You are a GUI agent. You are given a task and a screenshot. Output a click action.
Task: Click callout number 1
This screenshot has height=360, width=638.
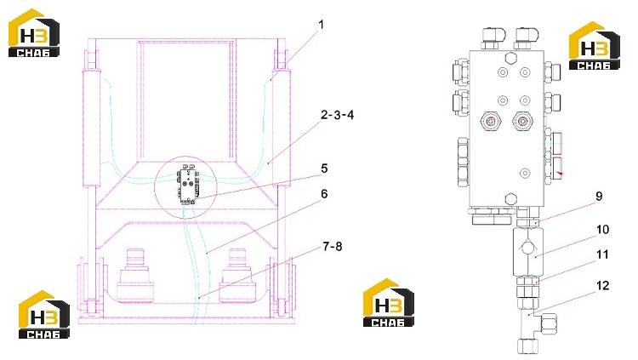[321, 25]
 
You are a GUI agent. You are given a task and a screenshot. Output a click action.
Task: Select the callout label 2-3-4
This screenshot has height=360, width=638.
[337, 115]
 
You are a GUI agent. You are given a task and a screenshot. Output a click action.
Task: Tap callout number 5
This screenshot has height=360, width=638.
[324, 169]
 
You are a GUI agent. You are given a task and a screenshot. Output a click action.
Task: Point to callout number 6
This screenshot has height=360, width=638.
[324, 194]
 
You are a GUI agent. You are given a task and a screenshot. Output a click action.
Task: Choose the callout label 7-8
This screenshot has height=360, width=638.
[333, 246]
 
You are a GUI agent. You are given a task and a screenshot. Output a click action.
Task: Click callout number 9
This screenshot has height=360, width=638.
[599, 197]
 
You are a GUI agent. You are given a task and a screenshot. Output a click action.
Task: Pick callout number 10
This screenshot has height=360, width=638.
[602, 230]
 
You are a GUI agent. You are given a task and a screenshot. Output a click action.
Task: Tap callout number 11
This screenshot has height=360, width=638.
[602, 255]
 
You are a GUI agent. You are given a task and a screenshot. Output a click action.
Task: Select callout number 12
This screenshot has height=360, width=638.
[602, 285]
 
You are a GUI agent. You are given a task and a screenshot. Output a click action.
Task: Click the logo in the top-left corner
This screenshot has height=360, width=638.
[34, 33]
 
